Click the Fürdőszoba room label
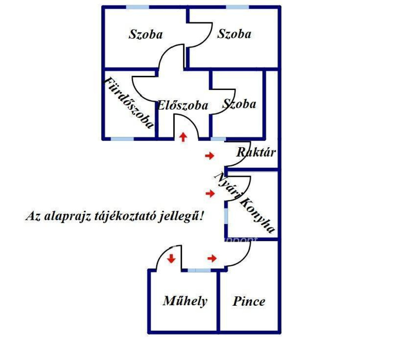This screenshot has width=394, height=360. [x=129, y=102]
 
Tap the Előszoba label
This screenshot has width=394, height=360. [x=183, y=105]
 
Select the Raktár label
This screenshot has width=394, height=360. [x=256, y=152]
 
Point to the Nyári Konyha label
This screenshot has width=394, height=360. [x=244, y=202]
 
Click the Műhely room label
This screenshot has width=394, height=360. [x=185, y=301]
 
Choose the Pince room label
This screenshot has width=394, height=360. [x=249, y=302]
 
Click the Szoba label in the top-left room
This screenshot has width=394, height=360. [x=146, y=34]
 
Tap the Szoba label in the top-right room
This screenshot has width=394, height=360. [x=234, y=34]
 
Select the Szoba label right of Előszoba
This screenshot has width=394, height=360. [x=239, y=104]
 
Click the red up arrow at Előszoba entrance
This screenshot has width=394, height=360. [x=184, y=137]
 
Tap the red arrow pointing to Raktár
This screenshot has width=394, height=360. [x=210, y=156]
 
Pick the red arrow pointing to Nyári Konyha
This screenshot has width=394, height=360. [x=210, y=193]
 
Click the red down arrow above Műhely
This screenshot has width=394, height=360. [x=171, y=258]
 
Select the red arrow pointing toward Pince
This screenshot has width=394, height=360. [x=212, y=258]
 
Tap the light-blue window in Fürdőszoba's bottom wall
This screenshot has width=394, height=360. [x=122, y=139]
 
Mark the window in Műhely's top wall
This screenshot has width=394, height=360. [x=199, y=270]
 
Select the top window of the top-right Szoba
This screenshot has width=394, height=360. [x=237, y=7]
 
